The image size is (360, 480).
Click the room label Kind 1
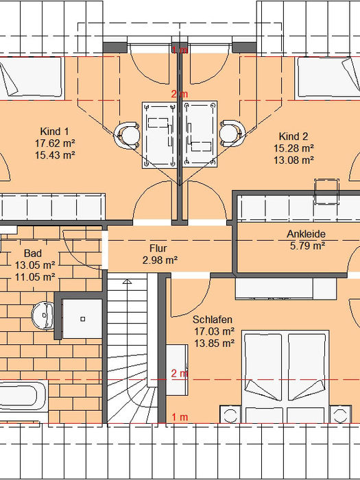click(x=54, y=132)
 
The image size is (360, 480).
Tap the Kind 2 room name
click(x=293, y=136)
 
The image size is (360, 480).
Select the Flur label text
click(x=158, y=248)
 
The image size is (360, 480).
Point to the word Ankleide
click(x=306, y=234)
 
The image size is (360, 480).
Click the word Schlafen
click(x=213, y=320)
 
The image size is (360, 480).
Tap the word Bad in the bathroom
click(x=33, y=253)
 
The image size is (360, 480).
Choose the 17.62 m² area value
click(x=55, y=143)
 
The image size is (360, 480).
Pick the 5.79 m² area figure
click(x=307, y=245)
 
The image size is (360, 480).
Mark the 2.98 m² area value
click(x=160, y=260)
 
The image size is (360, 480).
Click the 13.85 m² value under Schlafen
click(x=214, y=343)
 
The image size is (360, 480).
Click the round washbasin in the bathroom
click(x=43, y=315)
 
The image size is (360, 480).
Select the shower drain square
click(x=83, y=319)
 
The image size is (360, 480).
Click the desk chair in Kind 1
click(x=127, y=135)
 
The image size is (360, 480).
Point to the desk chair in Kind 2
click(x=232, y=133)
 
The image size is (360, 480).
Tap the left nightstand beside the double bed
click(x=230, y=415)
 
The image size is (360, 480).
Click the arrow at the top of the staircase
click(x=127, y=281)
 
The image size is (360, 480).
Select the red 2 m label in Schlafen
click(x=180, y=373)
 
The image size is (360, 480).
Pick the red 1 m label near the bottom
click(x=180, y=417)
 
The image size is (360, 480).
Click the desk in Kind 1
click(x=160, y=135)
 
